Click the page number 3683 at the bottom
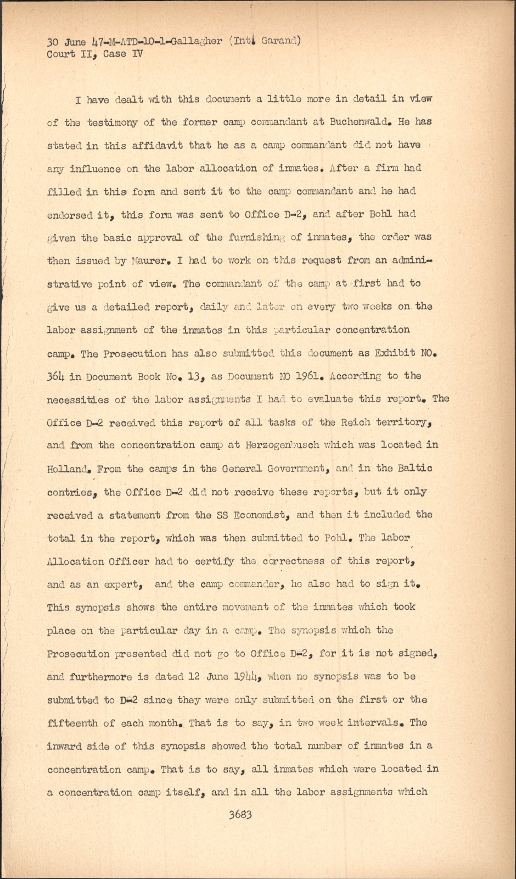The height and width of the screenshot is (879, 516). point(240,815)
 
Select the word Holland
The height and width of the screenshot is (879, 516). point(68,469)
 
